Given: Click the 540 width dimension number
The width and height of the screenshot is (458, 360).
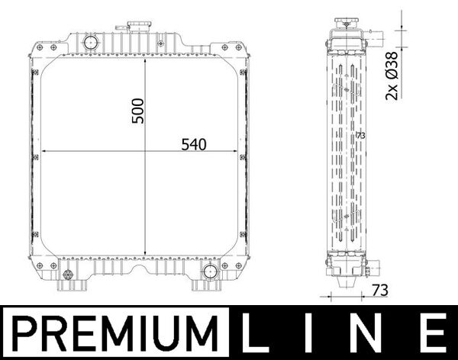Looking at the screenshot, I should [194, 143].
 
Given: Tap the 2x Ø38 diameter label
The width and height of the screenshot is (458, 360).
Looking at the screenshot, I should [392, 76].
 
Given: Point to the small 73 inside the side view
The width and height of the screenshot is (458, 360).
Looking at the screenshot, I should [361, 135].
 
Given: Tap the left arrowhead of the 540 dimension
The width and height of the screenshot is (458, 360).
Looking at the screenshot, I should [42, 152].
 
